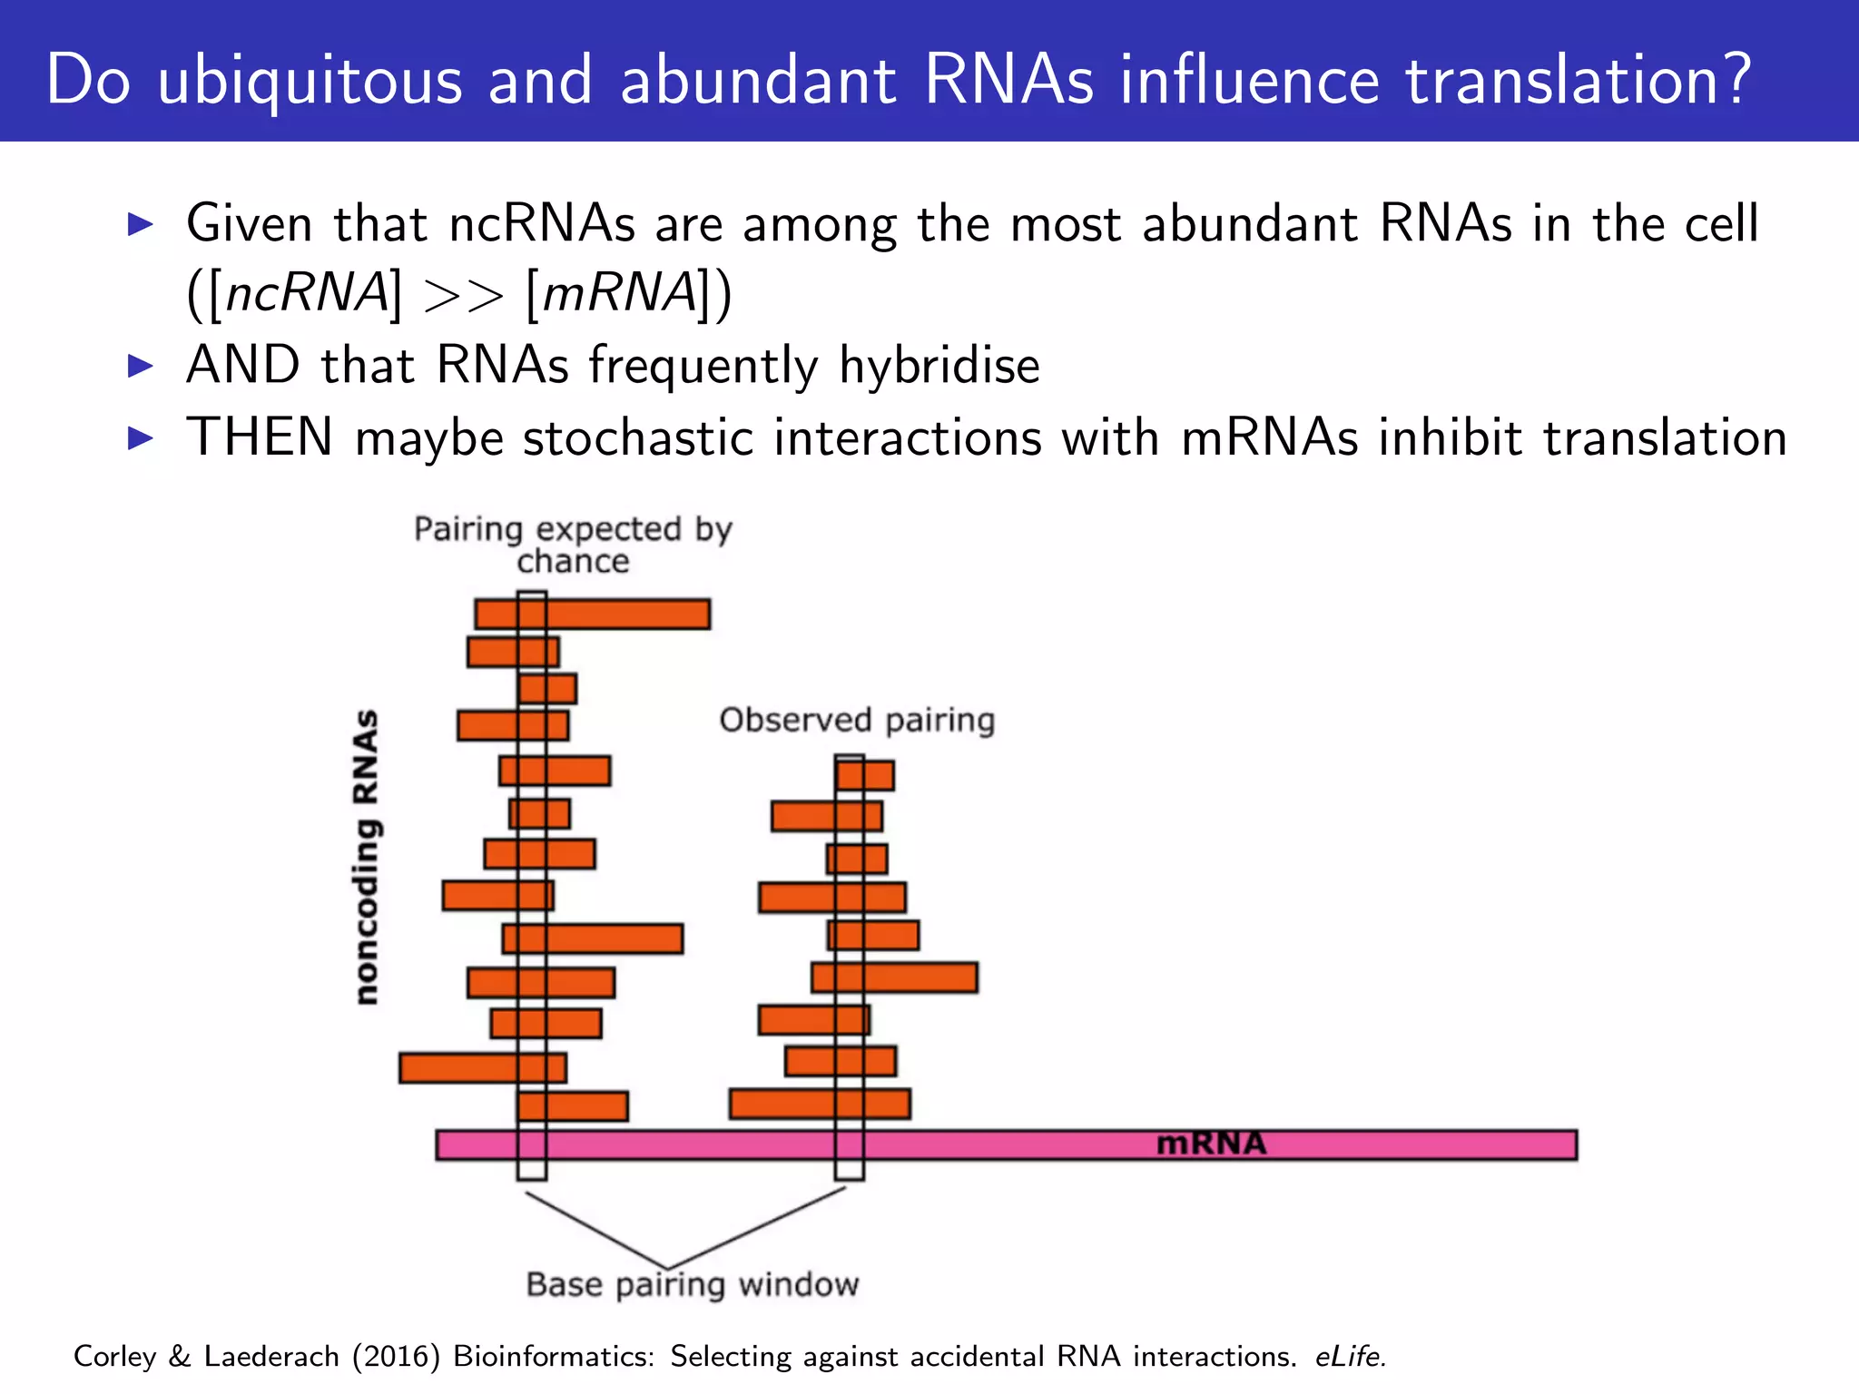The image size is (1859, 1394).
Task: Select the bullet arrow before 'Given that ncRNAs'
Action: (141, 223)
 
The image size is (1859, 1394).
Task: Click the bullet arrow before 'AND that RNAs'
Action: (141, 366)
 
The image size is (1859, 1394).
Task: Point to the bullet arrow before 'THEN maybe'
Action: (141, 438)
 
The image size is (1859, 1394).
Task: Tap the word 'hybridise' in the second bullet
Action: (939, 366)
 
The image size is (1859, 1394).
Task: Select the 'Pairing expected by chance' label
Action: (573, 545)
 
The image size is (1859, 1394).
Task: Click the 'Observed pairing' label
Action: (857, 721)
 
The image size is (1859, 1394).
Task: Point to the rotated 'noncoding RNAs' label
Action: (367, 857)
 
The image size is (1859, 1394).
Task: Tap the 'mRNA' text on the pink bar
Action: (1211, 1144)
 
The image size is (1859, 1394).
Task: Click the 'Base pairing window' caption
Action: (692, 1285)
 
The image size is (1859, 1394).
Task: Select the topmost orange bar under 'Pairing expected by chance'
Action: (593, 614)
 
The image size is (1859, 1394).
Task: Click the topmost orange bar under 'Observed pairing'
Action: (865, 776)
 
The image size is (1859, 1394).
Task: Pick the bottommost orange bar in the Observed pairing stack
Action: (820, 1104)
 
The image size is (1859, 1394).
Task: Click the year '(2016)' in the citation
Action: (396, 1356)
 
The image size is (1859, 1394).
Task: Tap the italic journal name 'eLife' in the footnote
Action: (1349, 1356)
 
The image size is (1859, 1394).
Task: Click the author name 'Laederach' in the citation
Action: (271, 1356)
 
